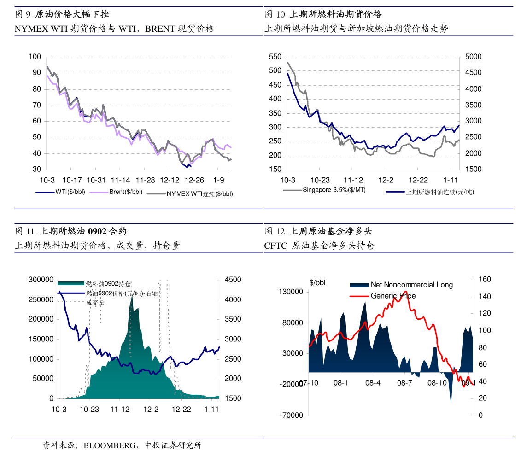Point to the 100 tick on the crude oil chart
point(35,57)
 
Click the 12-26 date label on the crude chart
point(194,180)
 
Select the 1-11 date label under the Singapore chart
point(451,180)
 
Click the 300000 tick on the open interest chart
point(41,280)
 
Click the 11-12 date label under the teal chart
point(120,409)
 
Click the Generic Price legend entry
point(393,296)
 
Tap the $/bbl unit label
point(317,283)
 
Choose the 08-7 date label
point(404,383)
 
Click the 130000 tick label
point(291,292)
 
